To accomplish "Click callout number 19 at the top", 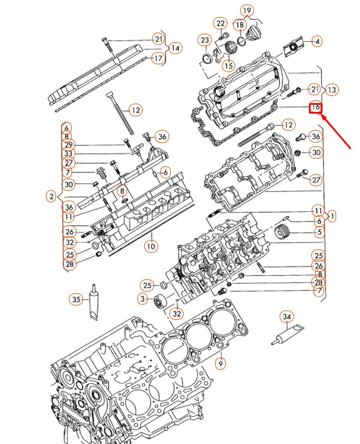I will pyautogui.click(x=247, y=11).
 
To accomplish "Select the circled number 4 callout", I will pyautogui.click(x=316, y=41).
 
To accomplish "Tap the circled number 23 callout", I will pyautogui.click(x=205, y=40).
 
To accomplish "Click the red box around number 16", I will pyautogui.click(x=315, y=107).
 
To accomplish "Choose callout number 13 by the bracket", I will pyautogui.click(x=332, y=89).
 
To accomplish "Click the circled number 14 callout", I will pyautogui.click(x=175, y=48).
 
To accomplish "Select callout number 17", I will pyautogui.click(x=158, y=58).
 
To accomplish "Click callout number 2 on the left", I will pyautogui.click(x=51, y=196).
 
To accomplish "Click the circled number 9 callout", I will pyautogui.click(x=221, y=364).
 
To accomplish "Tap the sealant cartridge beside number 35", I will pyautogui.click(x=93, y=305).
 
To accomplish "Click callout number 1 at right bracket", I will pyautogui.click(x=332, y=216).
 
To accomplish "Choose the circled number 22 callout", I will pyautogui.click(x=221, y=23).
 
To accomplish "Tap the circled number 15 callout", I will pyautogui.click(x=228, y=65).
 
